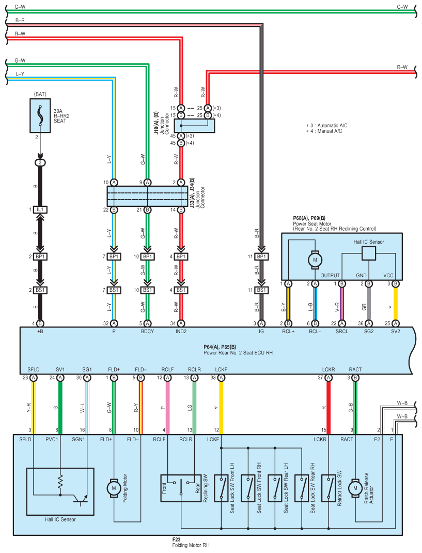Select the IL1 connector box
(40, 210)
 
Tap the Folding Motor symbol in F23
(114, 488)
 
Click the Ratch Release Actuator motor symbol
(355, 488)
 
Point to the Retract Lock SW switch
(329, 488)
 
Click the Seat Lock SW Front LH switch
(221, 488)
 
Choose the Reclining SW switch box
(181, 488)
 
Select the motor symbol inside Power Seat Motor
(315, 260)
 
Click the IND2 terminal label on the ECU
(181, 332)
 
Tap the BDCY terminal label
(147, 332)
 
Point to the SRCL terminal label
(342, 332)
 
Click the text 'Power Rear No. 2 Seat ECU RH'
(238, 353)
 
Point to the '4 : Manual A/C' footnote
(324, 131)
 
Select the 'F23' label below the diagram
(176, 540)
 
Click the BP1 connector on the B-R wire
(261, 257)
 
